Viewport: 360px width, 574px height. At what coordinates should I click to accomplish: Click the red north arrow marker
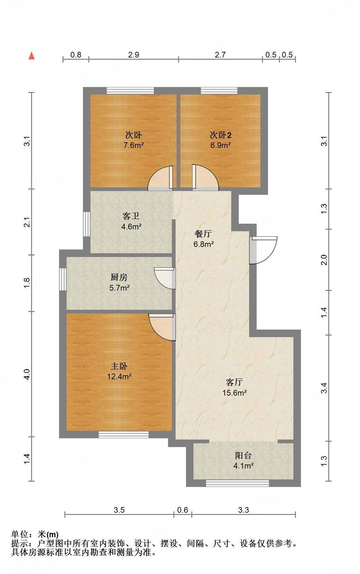31,56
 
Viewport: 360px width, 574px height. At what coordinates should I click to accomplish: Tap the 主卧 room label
119,366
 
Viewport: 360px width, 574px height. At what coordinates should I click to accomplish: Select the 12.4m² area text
119,376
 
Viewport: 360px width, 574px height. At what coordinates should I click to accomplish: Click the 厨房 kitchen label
119,277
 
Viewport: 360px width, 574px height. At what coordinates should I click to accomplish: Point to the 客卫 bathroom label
131,216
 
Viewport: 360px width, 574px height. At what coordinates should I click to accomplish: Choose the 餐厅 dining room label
203,234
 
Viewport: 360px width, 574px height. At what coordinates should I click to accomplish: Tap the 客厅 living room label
234,382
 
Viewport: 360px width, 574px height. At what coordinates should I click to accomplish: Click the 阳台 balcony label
243,456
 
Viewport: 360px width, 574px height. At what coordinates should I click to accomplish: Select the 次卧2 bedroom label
221,135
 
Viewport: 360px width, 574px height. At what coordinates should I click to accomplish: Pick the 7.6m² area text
134,145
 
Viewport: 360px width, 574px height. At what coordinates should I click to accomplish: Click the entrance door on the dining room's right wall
263,250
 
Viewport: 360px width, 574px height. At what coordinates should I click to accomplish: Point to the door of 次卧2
205,178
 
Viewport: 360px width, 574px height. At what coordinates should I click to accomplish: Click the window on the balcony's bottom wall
237,483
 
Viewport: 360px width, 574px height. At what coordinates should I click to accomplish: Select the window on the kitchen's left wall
63,279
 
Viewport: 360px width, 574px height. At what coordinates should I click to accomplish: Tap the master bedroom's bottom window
123,435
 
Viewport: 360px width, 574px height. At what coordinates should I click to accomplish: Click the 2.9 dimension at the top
134,55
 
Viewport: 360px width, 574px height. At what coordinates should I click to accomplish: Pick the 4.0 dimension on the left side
27,374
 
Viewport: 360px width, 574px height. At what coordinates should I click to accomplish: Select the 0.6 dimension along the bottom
183,510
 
